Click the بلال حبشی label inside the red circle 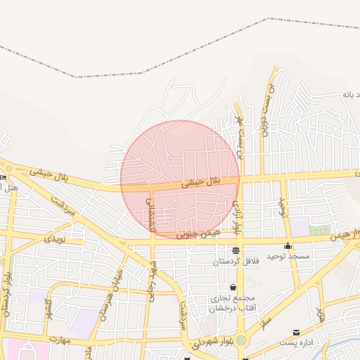pos(202,181)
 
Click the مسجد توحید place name pos(288,257)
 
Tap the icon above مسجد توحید pos(288,246)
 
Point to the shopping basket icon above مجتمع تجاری pos(233,287)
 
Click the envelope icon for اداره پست pos(296,333)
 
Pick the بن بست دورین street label pos(266,110)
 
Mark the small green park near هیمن pos(320,230)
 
